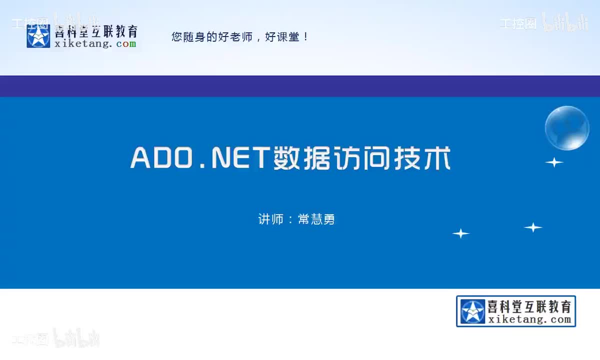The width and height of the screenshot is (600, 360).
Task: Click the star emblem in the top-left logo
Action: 38,36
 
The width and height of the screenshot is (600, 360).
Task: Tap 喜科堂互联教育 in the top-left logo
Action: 95,31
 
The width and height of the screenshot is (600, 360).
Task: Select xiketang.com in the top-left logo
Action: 95,44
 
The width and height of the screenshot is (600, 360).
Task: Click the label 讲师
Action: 270,219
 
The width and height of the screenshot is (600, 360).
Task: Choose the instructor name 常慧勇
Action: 316,219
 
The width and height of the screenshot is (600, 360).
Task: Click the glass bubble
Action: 567,128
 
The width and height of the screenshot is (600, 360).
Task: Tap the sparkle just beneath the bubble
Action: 554,162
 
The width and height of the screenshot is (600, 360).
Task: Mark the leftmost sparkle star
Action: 460,233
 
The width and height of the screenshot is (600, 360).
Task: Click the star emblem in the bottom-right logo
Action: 472,311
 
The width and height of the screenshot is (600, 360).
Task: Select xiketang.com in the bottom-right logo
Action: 529,320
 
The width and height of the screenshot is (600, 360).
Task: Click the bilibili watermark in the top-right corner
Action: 565,23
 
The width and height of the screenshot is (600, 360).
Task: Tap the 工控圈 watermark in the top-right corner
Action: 518,23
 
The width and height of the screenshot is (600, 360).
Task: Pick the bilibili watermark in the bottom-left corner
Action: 76,338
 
